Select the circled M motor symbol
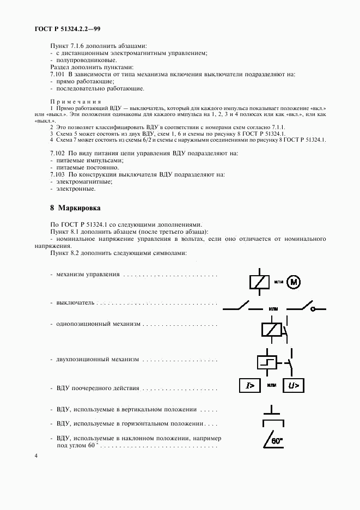point(294,282)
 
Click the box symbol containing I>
point(251,386)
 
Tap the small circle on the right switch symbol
point(314,309)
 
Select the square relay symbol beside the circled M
point(258,282)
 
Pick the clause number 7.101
point(57,74)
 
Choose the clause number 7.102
point(57,154)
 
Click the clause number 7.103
point(57,175)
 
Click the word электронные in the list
point(76,189)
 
